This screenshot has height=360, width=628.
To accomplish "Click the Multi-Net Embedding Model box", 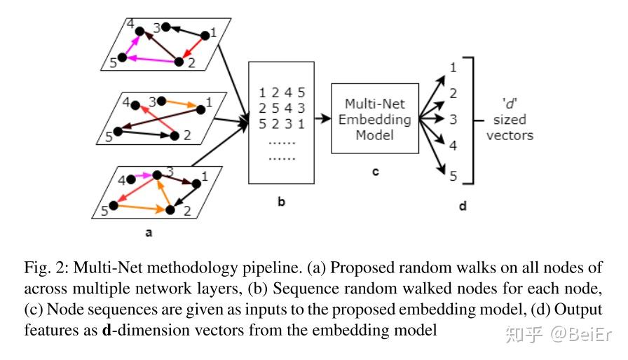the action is [375, 118].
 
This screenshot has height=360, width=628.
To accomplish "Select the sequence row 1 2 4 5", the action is [282, 92].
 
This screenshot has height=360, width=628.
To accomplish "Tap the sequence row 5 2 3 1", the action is [282, 124].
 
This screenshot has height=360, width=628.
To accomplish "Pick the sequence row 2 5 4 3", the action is [282, 109].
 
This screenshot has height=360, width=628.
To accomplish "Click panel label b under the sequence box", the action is [282, 202].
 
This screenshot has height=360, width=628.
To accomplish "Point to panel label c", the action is [375, 172].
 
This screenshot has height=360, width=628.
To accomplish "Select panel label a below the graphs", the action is [149, 233].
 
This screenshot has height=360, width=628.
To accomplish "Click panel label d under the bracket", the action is [463, 206].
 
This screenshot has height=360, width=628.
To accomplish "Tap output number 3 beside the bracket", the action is [453, 119].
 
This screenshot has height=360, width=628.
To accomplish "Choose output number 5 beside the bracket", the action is [453, 176].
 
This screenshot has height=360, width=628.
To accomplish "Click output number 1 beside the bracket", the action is [453, 67].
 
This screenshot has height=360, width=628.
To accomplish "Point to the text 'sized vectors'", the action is [510, 127].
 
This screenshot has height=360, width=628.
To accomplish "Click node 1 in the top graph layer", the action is [205, 36].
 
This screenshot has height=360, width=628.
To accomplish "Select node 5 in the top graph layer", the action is [122, 58].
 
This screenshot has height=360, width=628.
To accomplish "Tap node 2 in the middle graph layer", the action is [175, 136].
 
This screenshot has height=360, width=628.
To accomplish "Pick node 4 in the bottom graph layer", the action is [130, 179].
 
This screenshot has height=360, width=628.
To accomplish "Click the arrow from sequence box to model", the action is [323, 118].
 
